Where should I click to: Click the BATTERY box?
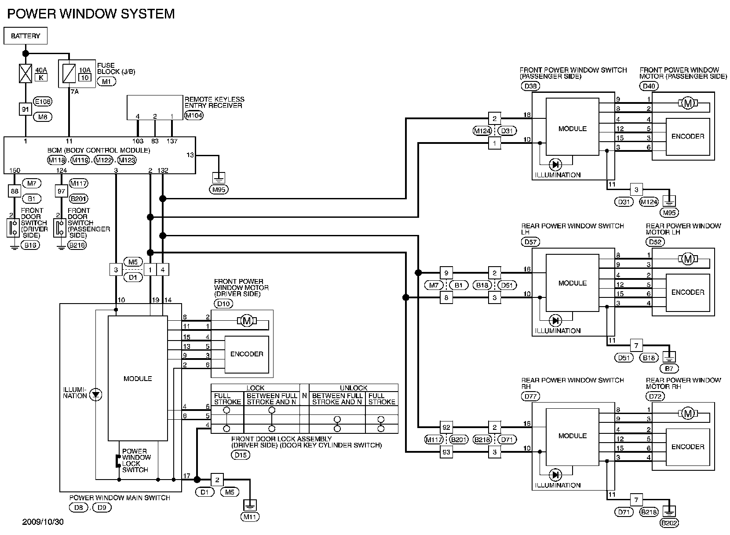coord(26,36)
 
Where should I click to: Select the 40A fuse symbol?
coord(26,73)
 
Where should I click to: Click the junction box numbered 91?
coord(26,109)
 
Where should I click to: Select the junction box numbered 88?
coord(14,191)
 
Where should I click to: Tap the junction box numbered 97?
coord(61,191)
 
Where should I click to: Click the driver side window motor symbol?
coord(247,321)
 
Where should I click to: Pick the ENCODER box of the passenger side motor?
coord(688,136)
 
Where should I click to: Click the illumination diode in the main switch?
coord(95,395)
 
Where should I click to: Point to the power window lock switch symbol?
coord(117,461)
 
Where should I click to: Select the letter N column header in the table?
coord(304,395)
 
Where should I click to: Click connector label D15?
coord(241,455)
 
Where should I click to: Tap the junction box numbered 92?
coord(446,427)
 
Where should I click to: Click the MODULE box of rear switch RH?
coord(572,436)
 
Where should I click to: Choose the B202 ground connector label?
coord(669,523)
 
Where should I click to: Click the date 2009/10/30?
coord(43,523)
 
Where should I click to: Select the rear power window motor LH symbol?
coord(688,259)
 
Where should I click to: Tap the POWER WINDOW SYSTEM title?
coord(91,14)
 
